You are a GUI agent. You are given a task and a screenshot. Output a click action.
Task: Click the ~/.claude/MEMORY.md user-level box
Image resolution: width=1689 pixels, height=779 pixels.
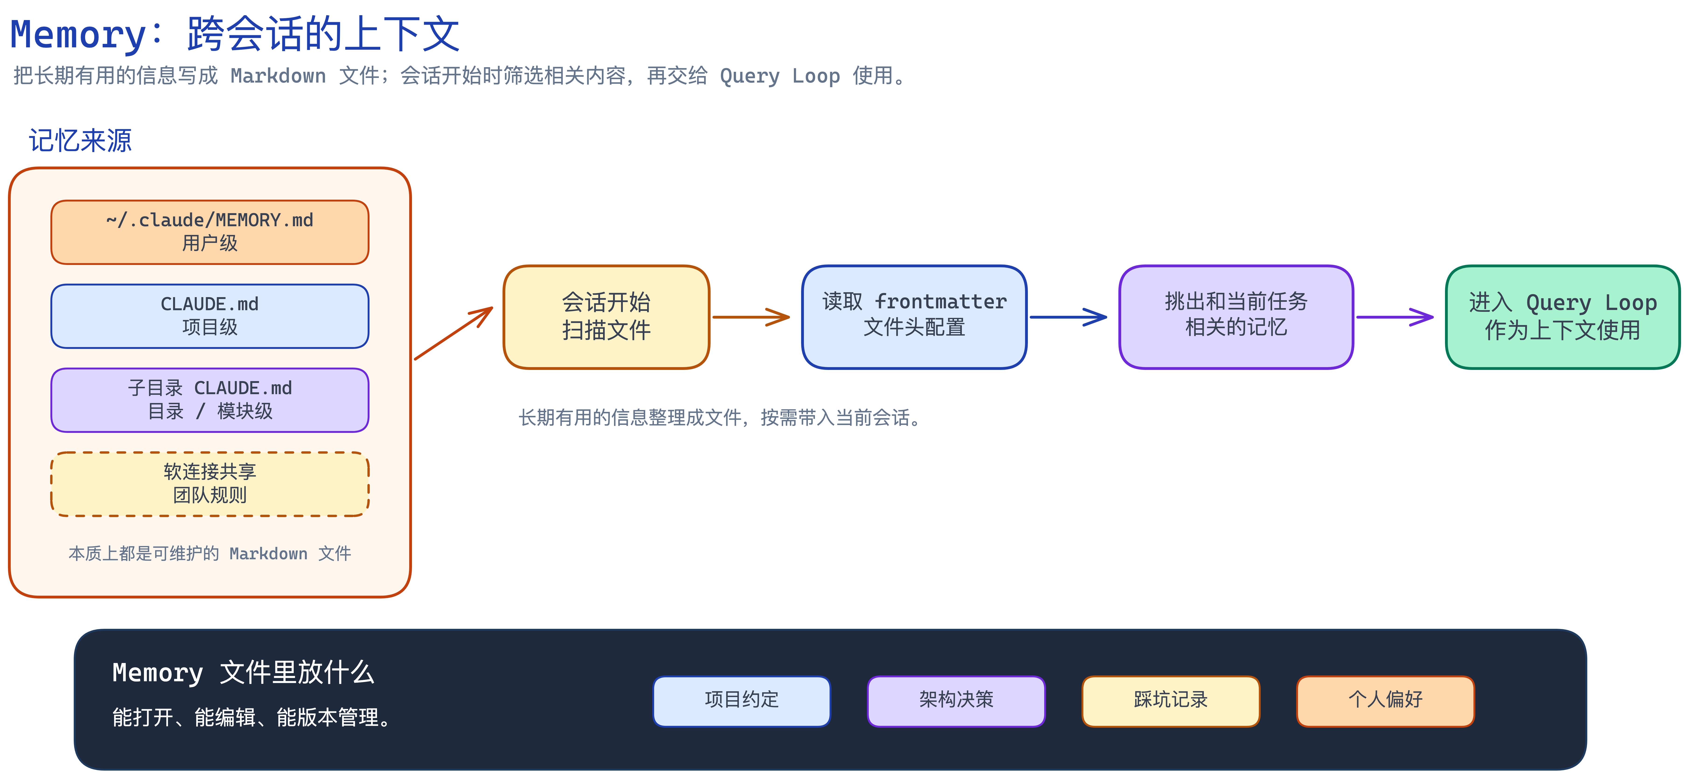(x=210, y=232)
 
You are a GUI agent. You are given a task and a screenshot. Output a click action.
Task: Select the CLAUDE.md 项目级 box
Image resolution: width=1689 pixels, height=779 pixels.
(x=210, y=316)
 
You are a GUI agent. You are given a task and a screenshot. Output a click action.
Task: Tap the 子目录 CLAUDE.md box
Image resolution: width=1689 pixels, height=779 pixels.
(x=210, y=400)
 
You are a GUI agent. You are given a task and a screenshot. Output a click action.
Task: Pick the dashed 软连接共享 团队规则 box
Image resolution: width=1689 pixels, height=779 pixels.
(x=210, y=484)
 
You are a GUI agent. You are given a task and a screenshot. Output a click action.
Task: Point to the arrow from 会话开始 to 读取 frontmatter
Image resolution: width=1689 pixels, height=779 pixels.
(x=751, y=317)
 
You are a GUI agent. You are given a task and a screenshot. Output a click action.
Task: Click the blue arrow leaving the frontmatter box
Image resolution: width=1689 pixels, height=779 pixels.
(x=1068, y=317)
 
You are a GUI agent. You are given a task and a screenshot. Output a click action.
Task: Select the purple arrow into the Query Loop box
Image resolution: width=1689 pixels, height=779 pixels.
(x=1395, y=317)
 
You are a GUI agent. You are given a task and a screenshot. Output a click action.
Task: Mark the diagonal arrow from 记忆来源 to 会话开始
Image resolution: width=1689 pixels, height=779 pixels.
(x=453, y=333)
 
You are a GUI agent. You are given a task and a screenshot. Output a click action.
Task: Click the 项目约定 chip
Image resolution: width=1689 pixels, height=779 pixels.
(x=742, y=701)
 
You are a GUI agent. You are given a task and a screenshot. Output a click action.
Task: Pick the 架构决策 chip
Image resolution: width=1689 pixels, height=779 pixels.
(x=956, y=701)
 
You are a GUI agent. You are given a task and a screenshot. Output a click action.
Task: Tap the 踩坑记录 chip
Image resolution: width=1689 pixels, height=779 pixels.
(x=1170, y=701)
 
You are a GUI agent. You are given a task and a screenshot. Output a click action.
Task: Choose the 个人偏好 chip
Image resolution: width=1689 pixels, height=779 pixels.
(x=1385, y=701)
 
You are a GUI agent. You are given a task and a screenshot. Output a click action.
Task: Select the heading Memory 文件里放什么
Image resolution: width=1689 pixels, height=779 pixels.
(x=243, y=673)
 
